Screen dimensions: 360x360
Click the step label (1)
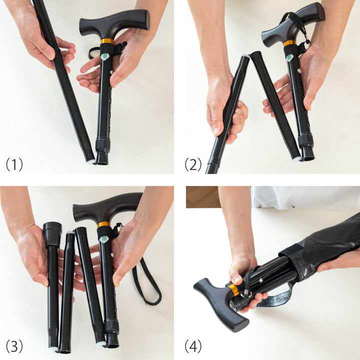pos(14,164)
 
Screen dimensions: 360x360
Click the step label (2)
pos(193,164)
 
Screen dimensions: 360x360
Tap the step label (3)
pos(14,346)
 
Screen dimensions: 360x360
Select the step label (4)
pos(193,346)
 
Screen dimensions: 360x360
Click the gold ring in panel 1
pos(107,41)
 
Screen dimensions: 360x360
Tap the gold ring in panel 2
pos(290,43)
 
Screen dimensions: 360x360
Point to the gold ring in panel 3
pos(104,224)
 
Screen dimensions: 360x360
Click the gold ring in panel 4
pos(233,290)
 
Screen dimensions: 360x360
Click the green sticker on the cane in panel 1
pos(104,56)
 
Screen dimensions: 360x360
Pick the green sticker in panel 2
pos(289,57)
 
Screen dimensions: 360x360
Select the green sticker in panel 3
pos(104,239)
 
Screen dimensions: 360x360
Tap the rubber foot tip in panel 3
pos(52,234)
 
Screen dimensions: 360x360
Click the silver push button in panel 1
pos(111,72)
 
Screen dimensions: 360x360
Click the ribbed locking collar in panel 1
pos(102,144)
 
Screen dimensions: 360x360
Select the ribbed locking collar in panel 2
pos(306,141)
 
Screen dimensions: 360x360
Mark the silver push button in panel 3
pos(113,254)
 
